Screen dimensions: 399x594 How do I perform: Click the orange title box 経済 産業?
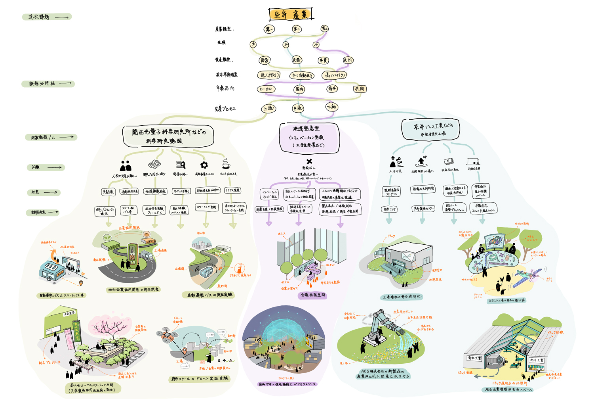[291, 14]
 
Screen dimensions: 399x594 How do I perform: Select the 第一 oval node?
[269, 29]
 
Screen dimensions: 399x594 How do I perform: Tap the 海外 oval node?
[332, 89]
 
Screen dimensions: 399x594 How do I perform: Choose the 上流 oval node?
[268, 108]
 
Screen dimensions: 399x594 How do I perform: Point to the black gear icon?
[204, 165]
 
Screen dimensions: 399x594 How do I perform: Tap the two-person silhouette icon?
[126, 165]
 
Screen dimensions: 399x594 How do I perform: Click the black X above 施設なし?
[309, 161]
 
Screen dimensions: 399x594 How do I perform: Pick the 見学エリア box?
[389, 209]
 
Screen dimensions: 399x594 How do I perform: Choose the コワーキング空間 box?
[206, 207]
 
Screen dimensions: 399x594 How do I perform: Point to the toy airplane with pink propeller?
[527, 276]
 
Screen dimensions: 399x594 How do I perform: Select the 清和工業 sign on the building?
[474, 358]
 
